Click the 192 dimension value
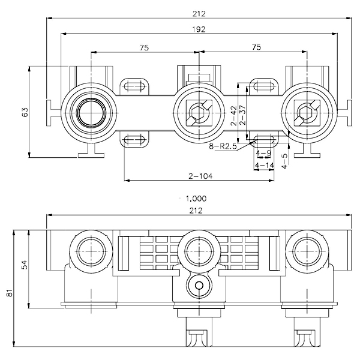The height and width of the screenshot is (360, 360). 199,29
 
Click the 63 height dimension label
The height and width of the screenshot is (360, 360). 25,112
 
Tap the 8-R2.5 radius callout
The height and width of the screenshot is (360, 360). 223,146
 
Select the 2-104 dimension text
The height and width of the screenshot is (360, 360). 200,176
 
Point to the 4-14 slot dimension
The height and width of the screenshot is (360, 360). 265,165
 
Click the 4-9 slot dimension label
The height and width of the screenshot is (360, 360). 263,153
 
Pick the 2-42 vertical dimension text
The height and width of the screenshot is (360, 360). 234,115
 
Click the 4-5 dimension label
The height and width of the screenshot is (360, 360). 284,161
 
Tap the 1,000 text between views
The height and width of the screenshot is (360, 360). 196,199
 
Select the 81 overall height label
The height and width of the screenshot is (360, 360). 10,293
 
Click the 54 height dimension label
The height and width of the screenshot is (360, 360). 25,265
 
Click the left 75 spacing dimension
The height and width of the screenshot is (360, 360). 144,47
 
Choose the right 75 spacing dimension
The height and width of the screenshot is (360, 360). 256,47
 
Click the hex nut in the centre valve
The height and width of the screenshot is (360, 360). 199,113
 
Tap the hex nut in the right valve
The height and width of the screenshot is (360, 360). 307,113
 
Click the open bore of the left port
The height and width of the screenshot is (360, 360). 91,113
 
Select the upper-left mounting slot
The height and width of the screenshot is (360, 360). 134,86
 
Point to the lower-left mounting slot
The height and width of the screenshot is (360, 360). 134,139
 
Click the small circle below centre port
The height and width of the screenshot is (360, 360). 199,286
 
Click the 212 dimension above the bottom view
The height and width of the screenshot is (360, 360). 196,211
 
